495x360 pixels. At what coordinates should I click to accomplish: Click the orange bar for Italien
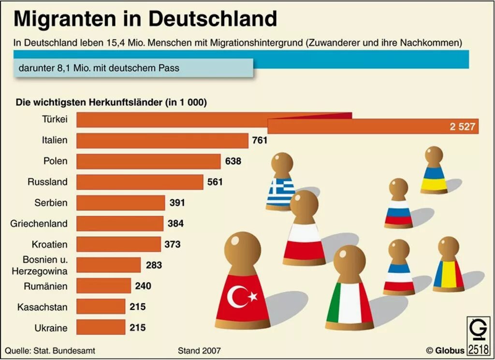point(162,141)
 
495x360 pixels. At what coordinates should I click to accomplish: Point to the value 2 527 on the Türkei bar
point(463,127)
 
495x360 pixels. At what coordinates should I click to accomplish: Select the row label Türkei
point(54,120)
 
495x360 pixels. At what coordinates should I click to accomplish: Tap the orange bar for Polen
point(148,161)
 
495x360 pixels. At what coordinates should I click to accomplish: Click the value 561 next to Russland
point(215,182)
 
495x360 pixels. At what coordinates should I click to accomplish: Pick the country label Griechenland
point(39,224)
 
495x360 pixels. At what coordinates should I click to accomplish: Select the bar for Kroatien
point(118,244)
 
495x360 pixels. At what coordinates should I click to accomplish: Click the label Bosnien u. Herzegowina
point(40,265)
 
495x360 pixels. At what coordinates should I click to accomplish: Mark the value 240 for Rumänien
point(143,286)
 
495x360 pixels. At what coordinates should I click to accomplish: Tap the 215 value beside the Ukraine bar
point(137,328)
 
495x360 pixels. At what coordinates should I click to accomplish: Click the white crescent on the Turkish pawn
point(237,296)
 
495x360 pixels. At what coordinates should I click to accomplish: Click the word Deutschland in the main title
point(212,18)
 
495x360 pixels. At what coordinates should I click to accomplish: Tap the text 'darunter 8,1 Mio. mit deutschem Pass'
point(99,68)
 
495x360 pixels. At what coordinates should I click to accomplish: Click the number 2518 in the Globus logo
point(478,349)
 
